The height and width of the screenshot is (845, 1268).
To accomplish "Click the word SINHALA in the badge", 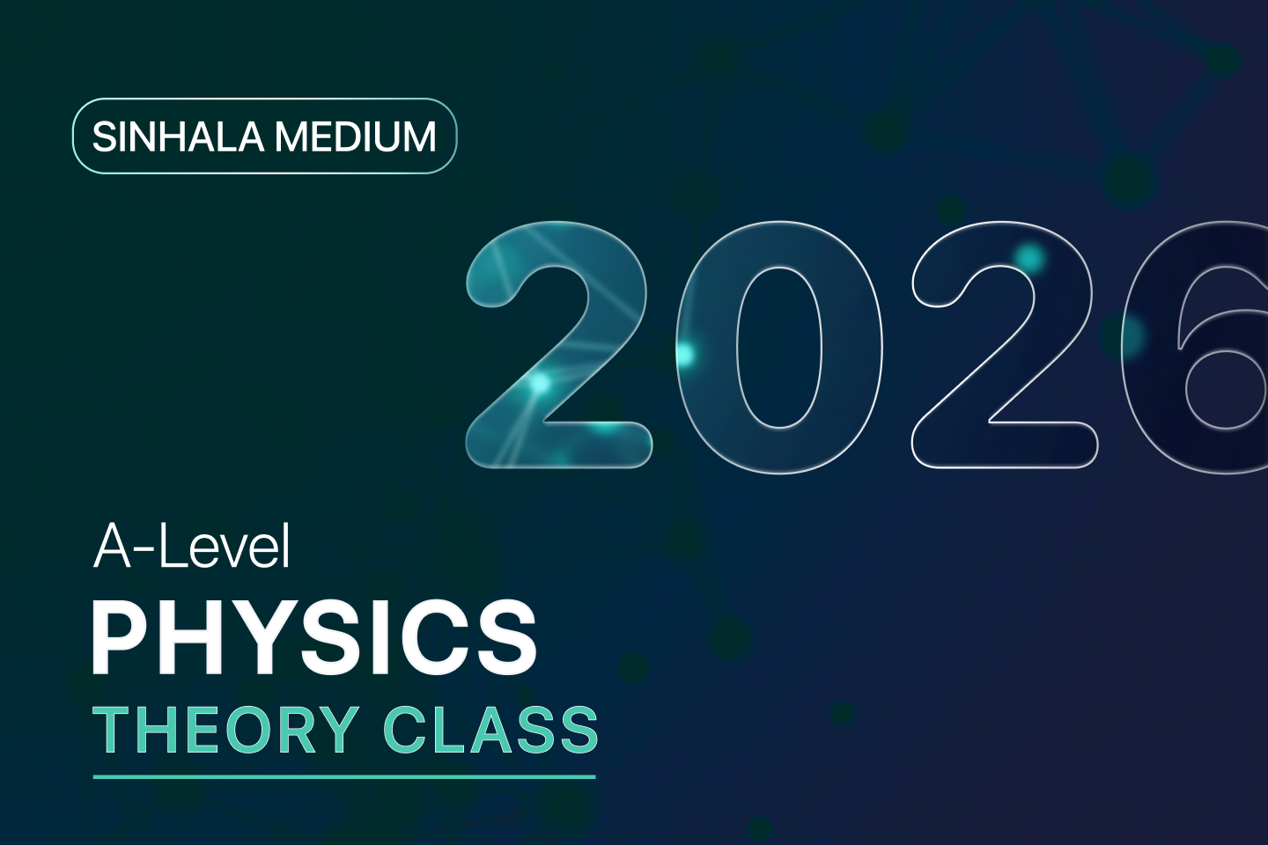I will [178, 137].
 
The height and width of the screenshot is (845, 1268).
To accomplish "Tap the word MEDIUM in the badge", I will [356, 137].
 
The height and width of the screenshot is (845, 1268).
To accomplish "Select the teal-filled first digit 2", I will [558, 343].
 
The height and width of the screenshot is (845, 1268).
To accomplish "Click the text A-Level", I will [192, 547].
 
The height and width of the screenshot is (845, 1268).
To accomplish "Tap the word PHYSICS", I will [314, 637].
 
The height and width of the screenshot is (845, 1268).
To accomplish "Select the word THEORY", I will [225, 731].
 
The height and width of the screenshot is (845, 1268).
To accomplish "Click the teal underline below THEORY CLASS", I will [344, 777].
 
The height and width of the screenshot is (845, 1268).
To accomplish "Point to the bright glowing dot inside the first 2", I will [540, 383].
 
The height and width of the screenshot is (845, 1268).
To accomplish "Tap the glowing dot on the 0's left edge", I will [683, 354].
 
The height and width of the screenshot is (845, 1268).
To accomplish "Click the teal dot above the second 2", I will [1028, 257].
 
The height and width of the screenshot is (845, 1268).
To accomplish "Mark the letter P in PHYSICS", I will [119, 637].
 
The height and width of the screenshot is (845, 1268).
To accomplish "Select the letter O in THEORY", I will [269, 731].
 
